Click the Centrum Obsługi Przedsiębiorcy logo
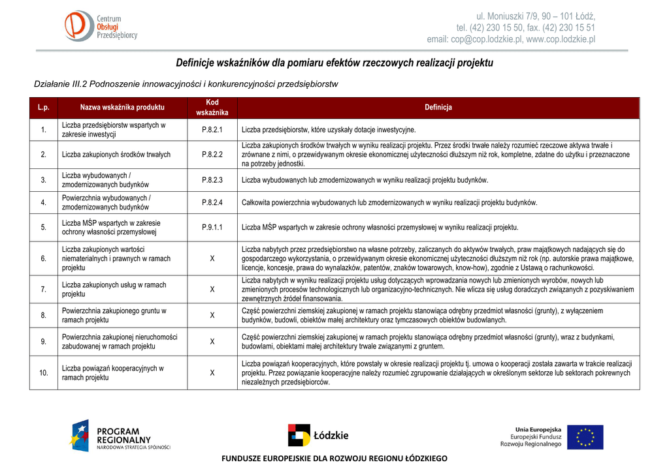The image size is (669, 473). (x=101, y=26)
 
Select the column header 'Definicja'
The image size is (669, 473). (x=438, y=108)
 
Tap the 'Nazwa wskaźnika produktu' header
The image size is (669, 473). (x=122, y=108)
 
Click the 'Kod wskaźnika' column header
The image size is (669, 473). (x=212, y=108)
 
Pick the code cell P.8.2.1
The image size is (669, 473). (x=212, y=130)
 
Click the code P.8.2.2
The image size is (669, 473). (x=212, y=155)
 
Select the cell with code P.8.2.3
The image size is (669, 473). (x=212, y=180)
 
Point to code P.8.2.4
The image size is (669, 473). (x=212, y=203)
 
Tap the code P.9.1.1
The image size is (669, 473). (x=212, y=228)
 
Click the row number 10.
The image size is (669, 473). (x=44, y=373)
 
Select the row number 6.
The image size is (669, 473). (x=44, y=258)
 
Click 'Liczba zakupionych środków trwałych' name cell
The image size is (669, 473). (x=116, y=155)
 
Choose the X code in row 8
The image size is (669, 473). (x=212, y=316)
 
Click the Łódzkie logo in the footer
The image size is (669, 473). (x=318, y=435)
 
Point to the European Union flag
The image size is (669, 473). (x=585, y=436)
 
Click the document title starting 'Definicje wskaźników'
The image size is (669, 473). (x=334, y=63)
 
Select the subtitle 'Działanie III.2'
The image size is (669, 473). (x=186, y=84)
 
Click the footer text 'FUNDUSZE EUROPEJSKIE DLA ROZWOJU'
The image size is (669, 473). (x=334, y=459)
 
